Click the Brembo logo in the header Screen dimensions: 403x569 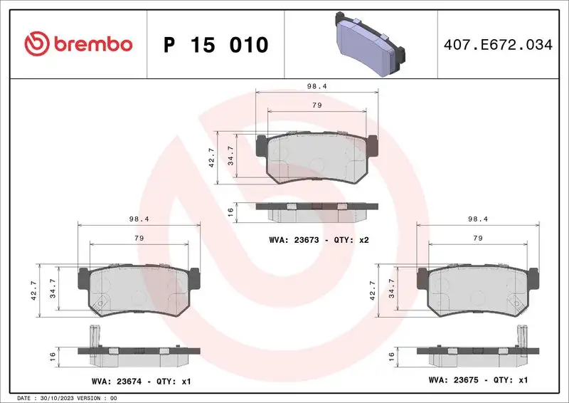[x=78, y=44]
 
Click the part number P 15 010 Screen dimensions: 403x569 [x=216, y=45]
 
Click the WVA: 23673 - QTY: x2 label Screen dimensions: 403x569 [x=319, y=240]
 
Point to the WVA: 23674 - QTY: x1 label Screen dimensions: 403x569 [x=142, y=381]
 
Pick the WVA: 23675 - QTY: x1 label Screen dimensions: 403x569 [x=478, y=381]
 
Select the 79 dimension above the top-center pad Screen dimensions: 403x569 [x=317, y=105]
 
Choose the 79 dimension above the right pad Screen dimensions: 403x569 [x=478, y=238]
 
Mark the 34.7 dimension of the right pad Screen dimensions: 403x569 [x=391, y=291]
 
